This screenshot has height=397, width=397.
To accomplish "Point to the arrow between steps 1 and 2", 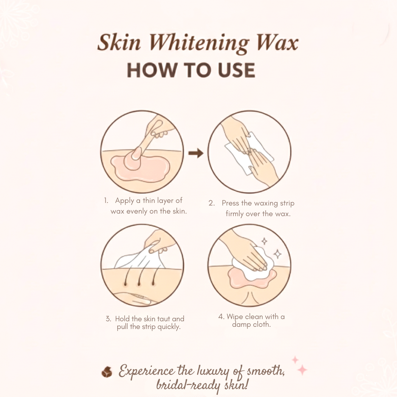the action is [x=196, y=153].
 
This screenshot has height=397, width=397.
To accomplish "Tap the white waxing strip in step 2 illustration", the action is [x=249, y=153].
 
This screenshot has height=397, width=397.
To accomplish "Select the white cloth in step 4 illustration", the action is [x=253, y=263].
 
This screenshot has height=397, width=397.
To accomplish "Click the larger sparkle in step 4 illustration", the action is [x=277, y=254].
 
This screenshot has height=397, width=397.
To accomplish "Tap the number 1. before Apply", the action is [x=106, y=201].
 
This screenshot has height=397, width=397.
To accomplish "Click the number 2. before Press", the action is [x=212, y=203].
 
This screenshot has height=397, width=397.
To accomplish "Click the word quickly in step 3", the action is [x=169, y=327].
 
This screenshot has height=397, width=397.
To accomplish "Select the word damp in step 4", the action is [x=241, y=325].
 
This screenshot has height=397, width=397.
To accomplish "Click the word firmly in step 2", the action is [x=235, y=214].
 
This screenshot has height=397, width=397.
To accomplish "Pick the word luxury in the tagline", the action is [x=213, y=372].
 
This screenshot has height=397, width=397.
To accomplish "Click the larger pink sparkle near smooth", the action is [x=302, y=370].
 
